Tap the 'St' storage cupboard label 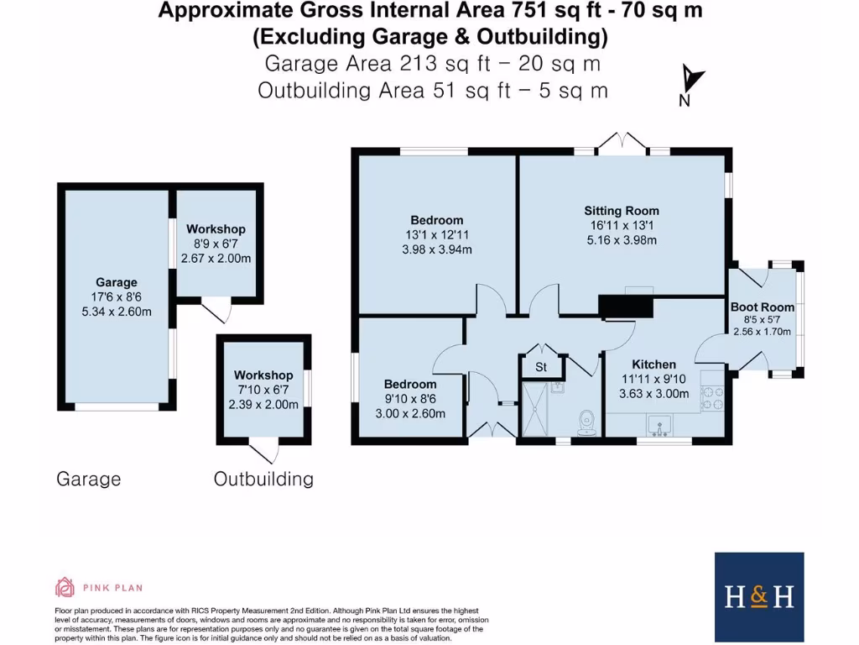coord(541,367)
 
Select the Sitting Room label coord(622,211)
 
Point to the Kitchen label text coord(653,364)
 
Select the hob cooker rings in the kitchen coord(712,397)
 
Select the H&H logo coord(759,596)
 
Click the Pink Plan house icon coord(65,586)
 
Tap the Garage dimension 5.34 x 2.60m coord(116,310)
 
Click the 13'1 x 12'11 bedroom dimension coord(437,235)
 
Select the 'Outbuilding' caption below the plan coord(263,480)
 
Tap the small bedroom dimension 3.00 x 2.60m coord(410,412)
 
